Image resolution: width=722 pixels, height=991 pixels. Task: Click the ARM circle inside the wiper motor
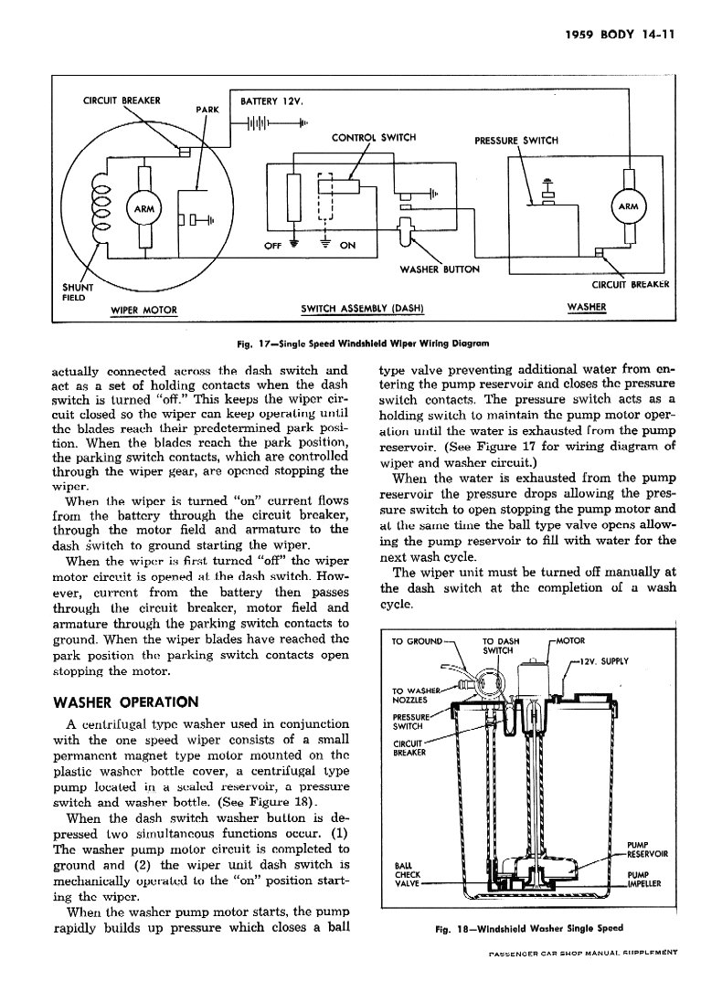(x=143, y=208)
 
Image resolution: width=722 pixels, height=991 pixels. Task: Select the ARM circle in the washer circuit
(x=628, y=206)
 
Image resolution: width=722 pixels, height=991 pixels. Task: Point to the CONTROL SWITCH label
(x=374, y=138)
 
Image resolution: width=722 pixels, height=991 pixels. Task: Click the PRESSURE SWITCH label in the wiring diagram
(x=516, y=141)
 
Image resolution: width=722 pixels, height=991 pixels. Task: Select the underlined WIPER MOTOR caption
(x=143, y=309)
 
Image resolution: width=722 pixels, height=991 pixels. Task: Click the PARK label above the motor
(x=208, y=110)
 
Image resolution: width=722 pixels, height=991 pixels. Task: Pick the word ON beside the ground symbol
(x=347, y=245)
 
